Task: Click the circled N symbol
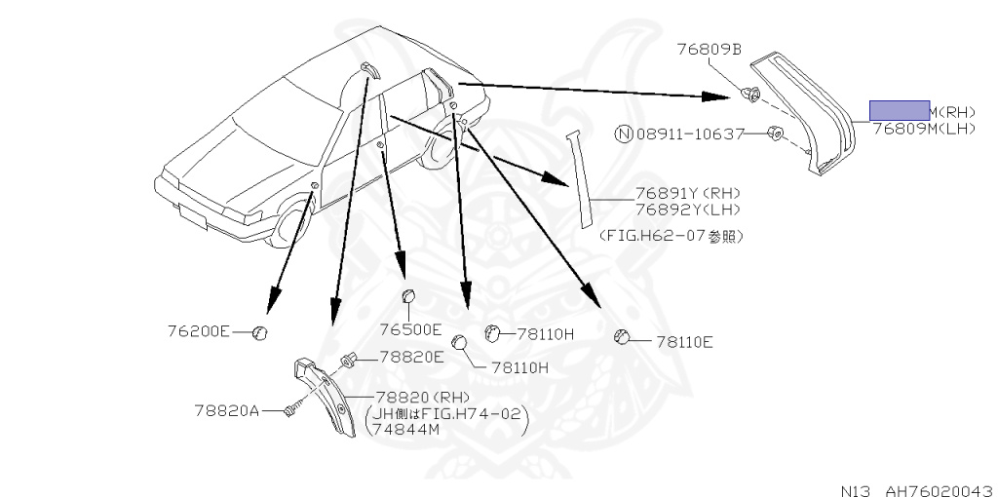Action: click(622, 133)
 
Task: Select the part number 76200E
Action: click(198, 331)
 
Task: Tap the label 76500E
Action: click(410, 329)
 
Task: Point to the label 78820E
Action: click(411, 358)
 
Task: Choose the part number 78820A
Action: click(226, 410)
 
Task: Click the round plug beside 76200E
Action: click(259, 333)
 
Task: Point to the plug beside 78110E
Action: click(621, 337)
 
